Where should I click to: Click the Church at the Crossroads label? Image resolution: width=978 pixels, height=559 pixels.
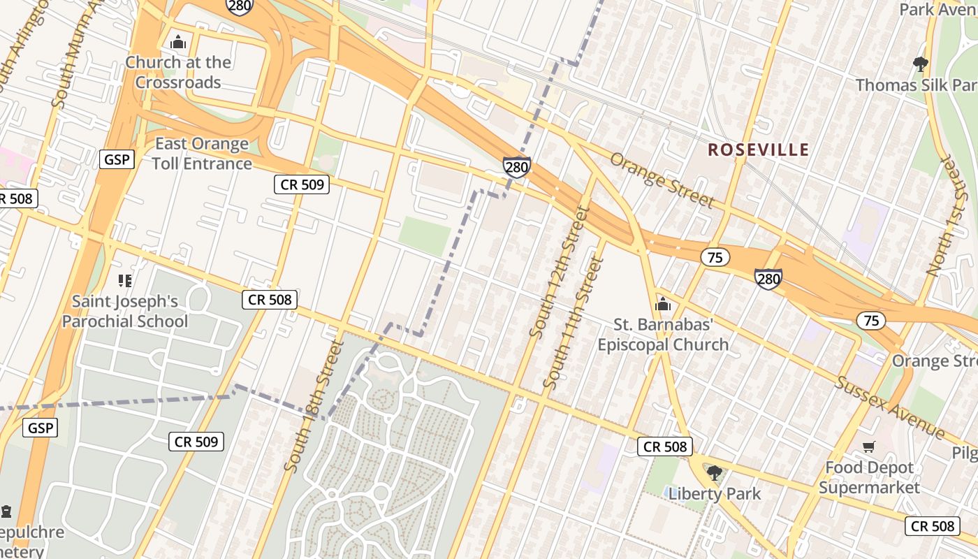click(x=178, y=72)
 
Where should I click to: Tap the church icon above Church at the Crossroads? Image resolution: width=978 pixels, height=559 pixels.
click(x=178, y=43)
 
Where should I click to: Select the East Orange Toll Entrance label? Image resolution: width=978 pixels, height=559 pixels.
click(x=202, y=154)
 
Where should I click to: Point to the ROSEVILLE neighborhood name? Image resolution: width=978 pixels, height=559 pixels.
click(x=758, y=150)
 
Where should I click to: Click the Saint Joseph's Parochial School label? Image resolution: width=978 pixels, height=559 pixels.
click(x=125, y=312)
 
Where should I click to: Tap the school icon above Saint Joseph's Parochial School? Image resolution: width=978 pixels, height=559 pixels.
click(x=125, y=282)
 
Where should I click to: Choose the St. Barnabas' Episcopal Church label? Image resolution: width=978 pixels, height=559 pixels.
click(x=663, y=334)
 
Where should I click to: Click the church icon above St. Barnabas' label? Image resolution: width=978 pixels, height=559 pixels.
click(x=663, y=305)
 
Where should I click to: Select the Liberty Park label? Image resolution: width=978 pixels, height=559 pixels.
click(x=714, y=493)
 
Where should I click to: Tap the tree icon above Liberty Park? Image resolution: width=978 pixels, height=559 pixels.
click(x=714, y=473)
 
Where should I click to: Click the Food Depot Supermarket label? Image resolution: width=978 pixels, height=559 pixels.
click(x=869, y=477)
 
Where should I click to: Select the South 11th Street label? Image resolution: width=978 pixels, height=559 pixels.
click(x=573, y=323)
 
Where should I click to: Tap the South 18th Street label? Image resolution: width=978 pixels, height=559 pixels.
click(x=315, y=405)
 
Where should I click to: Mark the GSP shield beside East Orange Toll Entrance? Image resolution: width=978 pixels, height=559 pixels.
click(x=116, y=159)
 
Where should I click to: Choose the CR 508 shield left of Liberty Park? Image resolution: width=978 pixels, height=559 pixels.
click(x=665, y=447)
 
